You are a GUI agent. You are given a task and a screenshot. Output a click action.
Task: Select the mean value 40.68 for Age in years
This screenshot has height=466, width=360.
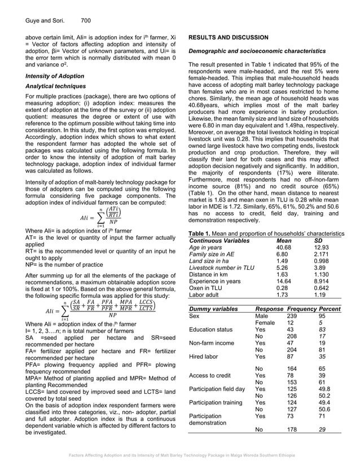tap(284, 247)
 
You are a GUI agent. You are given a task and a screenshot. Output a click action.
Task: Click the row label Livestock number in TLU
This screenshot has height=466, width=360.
tap(222, 269)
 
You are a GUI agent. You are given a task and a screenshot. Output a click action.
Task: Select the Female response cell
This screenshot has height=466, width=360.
tap(265, 324)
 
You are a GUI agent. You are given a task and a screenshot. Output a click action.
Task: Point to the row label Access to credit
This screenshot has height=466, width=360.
tap(209, 375)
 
